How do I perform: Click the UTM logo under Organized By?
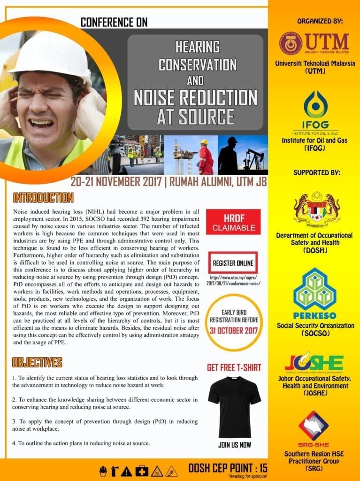pos(314,43)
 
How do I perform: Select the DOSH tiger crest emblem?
pos(317,208)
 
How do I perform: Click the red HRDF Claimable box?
pos(233,222)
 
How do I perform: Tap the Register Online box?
pos(232,263)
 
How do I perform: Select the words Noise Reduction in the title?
pos(196,98)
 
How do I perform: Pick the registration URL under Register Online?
pos(233,280)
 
